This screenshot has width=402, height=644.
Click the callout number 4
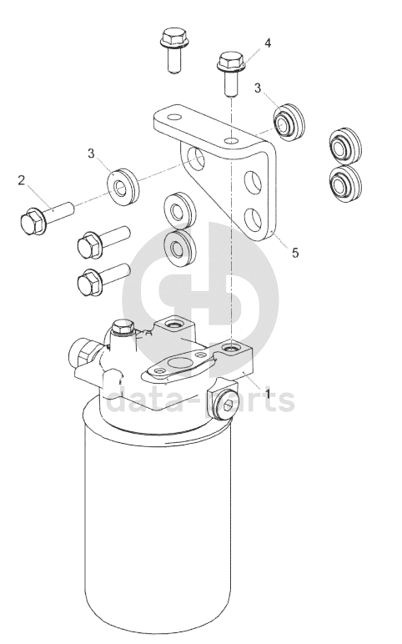click(x=268, y=43)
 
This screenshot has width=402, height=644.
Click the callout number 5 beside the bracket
click(x=295, y=253)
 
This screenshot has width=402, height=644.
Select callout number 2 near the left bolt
click(x=22, y=180)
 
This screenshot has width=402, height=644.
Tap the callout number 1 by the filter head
click(x=268, y=394)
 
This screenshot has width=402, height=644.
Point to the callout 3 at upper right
click(x=258, y=88)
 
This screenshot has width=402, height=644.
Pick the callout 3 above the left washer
click(x=91, y=153)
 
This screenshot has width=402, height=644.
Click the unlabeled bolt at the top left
click(x=173, y=51)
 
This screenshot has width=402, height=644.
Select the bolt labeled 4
click(x=231, y=74)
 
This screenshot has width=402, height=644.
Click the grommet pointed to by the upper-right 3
click(x=289, y=122)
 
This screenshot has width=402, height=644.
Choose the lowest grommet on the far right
click(x=345, y=184)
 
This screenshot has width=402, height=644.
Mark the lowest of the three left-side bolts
click(x=103, y=279)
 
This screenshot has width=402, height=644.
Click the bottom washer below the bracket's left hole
click(x=180, y=249)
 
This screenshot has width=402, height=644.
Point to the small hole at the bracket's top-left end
click(x=174, y=118)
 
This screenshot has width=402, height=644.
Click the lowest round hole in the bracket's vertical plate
click(x=253, y=219)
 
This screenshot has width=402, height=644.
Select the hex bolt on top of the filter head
click(x=123, y=328)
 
